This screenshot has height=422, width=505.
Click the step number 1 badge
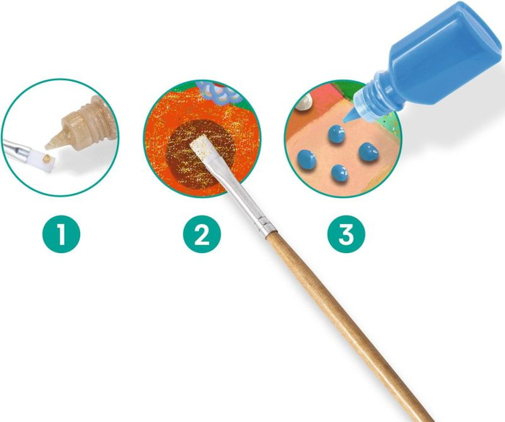(x=61, y=233)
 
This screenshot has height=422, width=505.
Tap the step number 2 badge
(x=202, y=233)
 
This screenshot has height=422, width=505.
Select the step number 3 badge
(x=346, y=233)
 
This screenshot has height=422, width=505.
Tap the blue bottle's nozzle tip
(x=346, y=120)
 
